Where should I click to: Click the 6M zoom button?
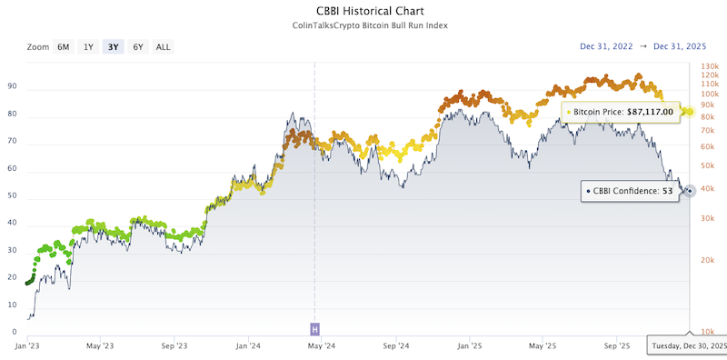point(64,46)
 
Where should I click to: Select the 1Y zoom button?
point(88,46)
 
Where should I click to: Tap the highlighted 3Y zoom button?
point(113,46)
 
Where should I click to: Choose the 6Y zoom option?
point(137,46)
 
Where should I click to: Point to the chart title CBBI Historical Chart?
point(363,12)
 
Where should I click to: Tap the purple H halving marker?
point(315,328)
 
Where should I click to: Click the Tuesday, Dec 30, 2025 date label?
point(687,346)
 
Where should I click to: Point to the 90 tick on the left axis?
point(13,87)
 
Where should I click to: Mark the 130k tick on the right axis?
point(709,65)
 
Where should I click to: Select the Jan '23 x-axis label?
point(26,346)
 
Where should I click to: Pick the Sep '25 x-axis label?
point(617,346)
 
